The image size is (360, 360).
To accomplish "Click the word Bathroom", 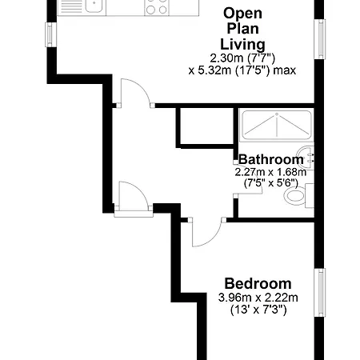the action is (x=271, y=159).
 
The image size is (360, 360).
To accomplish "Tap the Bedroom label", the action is (x=258, y=284).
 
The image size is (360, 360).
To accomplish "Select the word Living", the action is (x=242, y=45).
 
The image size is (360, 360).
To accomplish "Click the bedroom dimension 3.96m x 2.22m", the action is (x=258, y=298).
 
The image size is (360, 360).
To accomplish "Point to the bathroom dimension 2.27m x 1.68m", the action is (x=270, y=172).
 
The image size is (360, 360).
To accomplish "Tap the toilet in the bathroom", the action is (x=298, y=195).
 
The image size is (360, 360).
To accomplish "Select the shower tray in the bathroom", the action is (x=277, y=125).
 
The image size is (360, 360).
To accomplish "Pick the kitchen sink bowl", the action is (x=94, y=6).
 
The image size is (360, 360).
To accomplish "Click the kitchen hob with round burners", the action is (x=157, y=7).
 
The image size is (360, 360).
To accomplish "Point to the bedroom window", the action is (x=320, y=292).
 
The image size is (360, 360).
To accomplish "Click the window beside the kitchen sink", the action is (x=50, y=34).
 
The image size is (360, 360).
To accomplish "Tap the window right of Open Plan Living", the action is (x=320, y=39).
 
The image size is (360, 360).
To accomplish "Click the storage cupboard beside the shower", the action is (x=206, y=126).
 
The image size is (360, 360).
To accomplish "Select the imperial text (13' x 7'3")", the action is (x=258, y=310).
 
